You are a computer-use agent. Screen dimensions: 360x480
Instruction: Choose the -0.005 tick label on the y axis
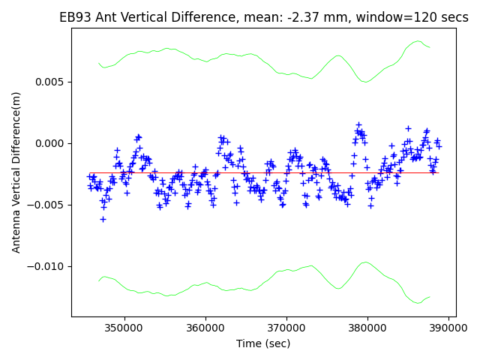pyautogui.click(x=49, y=205)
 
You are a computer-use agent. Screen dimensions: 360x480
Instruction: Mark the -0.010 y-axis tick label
pyautogui.click(x=49, y=266)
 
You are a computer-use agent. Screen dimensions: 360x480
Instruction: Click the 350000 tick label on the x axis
pyautogui.click(x=124, y=328)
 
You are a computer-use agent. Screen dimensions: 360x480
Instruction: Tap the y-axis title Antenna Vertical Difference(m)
pyautogui.click(x=16, y=172)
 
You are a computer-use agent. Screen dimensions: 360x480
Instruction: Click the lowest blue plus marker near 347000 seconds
pyautogui.click(x=103, y=219)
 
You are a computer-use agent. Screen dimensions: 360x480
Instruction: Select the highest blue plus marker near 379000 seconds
pyautogui.click(x=358, y=124)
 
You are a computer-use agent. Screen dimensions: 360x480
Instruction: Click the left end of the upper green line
pyautogui.click(x=98, y=64)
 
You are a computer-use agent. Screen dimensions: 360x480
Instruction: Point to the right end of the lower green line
pyautogui.click(x=430, y=297)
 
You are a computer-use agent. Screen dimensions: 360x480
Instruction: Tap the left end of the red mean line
pyautogui.click(x=89, y=172)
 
